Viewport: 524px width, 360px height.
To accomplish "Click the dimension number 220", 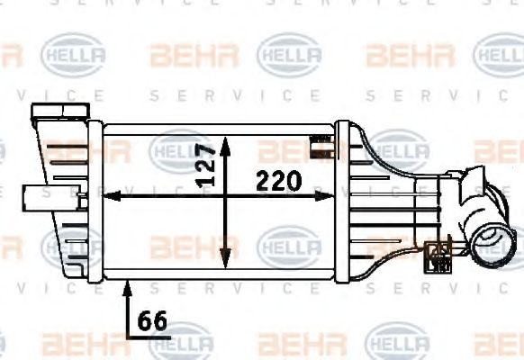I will (277, 181).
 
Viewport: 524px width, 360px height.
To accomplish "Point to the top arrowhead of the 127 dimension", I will (225, 142).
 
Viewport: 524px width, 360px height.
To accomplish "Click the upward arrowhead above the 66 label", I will (128, 285).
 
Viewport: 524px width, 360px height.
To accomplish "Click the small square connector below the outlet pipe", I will (441, 255).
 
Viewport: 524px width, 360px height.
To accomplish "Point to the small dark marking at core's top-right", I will (318, 140).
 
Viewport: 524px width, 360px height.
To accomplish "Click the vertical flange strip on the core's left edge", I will (98, 202).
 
